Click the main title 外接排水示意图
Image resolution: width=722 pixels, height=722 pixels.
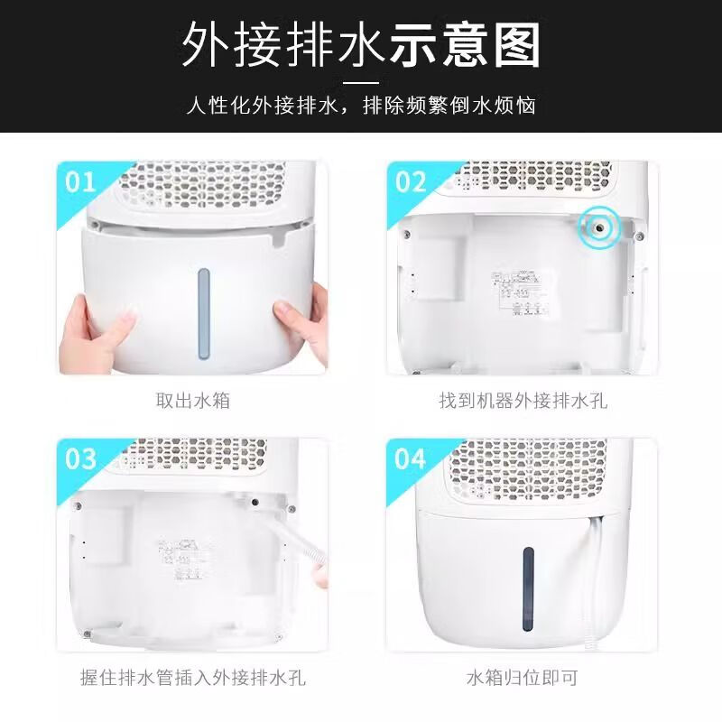[361, 46]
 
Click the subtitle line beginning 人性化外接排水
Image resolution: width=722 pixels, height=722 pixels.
[361, 106]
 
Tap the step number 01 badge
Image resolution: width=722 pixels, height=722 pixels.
[80, 182]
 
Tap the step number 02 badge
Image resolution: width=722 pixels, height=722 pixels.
[411, 182]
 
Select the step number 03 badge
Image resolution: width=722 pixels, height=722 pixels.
[80, 458]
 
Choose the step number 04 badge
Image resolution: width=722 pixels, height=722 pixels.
[411, 458]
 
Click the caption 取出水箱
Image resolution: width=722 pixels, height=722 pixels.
[192, 400]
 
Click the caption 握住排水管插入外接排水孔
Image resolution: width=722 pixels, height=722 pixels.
[192, 676]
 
